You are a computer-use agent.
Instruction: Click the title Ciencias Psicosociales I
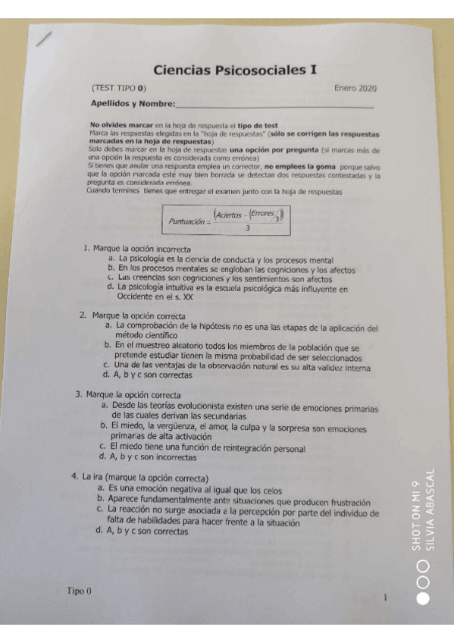235,71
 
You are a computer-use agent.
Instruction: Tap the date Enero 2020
355,88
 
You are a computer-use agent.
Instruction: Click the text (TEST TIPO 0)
118,88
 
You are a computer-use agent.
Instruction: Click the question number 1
87,249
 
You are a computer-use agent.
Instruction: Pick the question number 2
83,315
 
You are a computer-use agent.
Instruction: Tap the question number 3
78,394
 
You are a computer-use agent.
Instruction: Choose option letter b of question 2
108,346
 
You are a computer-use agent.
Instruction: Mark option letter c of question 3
102,447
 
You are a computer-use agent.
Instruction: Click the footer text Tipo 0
78,590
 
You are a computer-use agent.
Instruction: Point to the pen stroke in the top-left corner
45,39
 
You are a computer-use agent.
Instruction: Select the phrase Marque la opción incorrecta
142,249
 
